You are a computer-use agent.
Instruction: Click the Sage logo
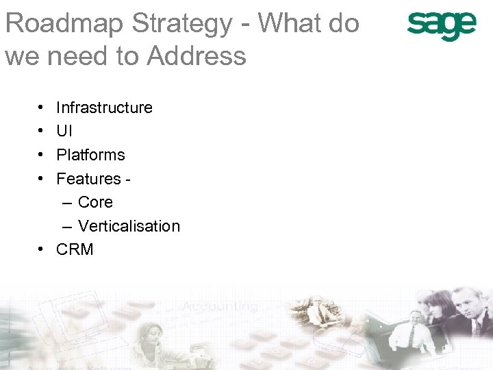click(442, 26)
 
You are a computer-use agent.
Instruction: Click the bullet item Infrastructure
click(104, 108)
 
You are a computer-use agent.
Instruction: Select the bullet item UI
click(64, 131)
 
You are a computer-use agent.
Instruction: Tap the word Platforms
click(90, 155)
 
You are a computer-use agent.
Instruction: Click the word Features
click(89, 179)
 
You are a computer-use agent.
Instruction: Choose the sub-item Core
click(95, 202)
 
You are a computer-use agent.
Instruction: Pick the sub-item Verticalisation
click(129, 226)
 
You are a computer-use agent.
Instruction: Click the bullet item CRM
click(75, 250)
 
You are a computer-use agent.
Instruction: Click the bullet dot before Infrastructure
click(41, 108)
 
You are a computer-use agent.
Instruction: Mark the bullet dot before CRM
click(41, 250)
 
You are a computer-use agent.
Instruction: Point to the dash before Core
click(66, 202)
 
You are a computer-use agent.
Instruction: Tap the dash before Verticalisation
click(66, 226)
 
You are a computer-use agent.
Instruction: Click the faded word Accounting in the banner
click(220, 306)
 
